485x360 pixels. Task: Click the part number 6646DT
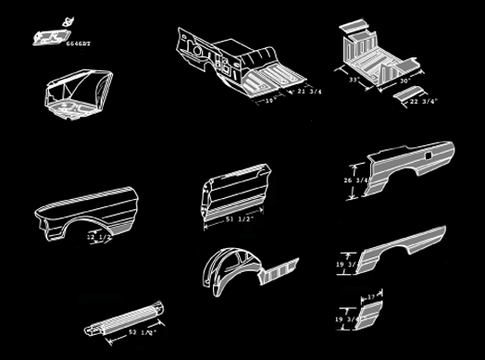pos(80,44)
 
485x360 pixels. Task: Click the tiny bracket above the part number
pos(65,20)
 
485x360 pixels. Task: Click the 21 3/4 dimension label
pos(307,93)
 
